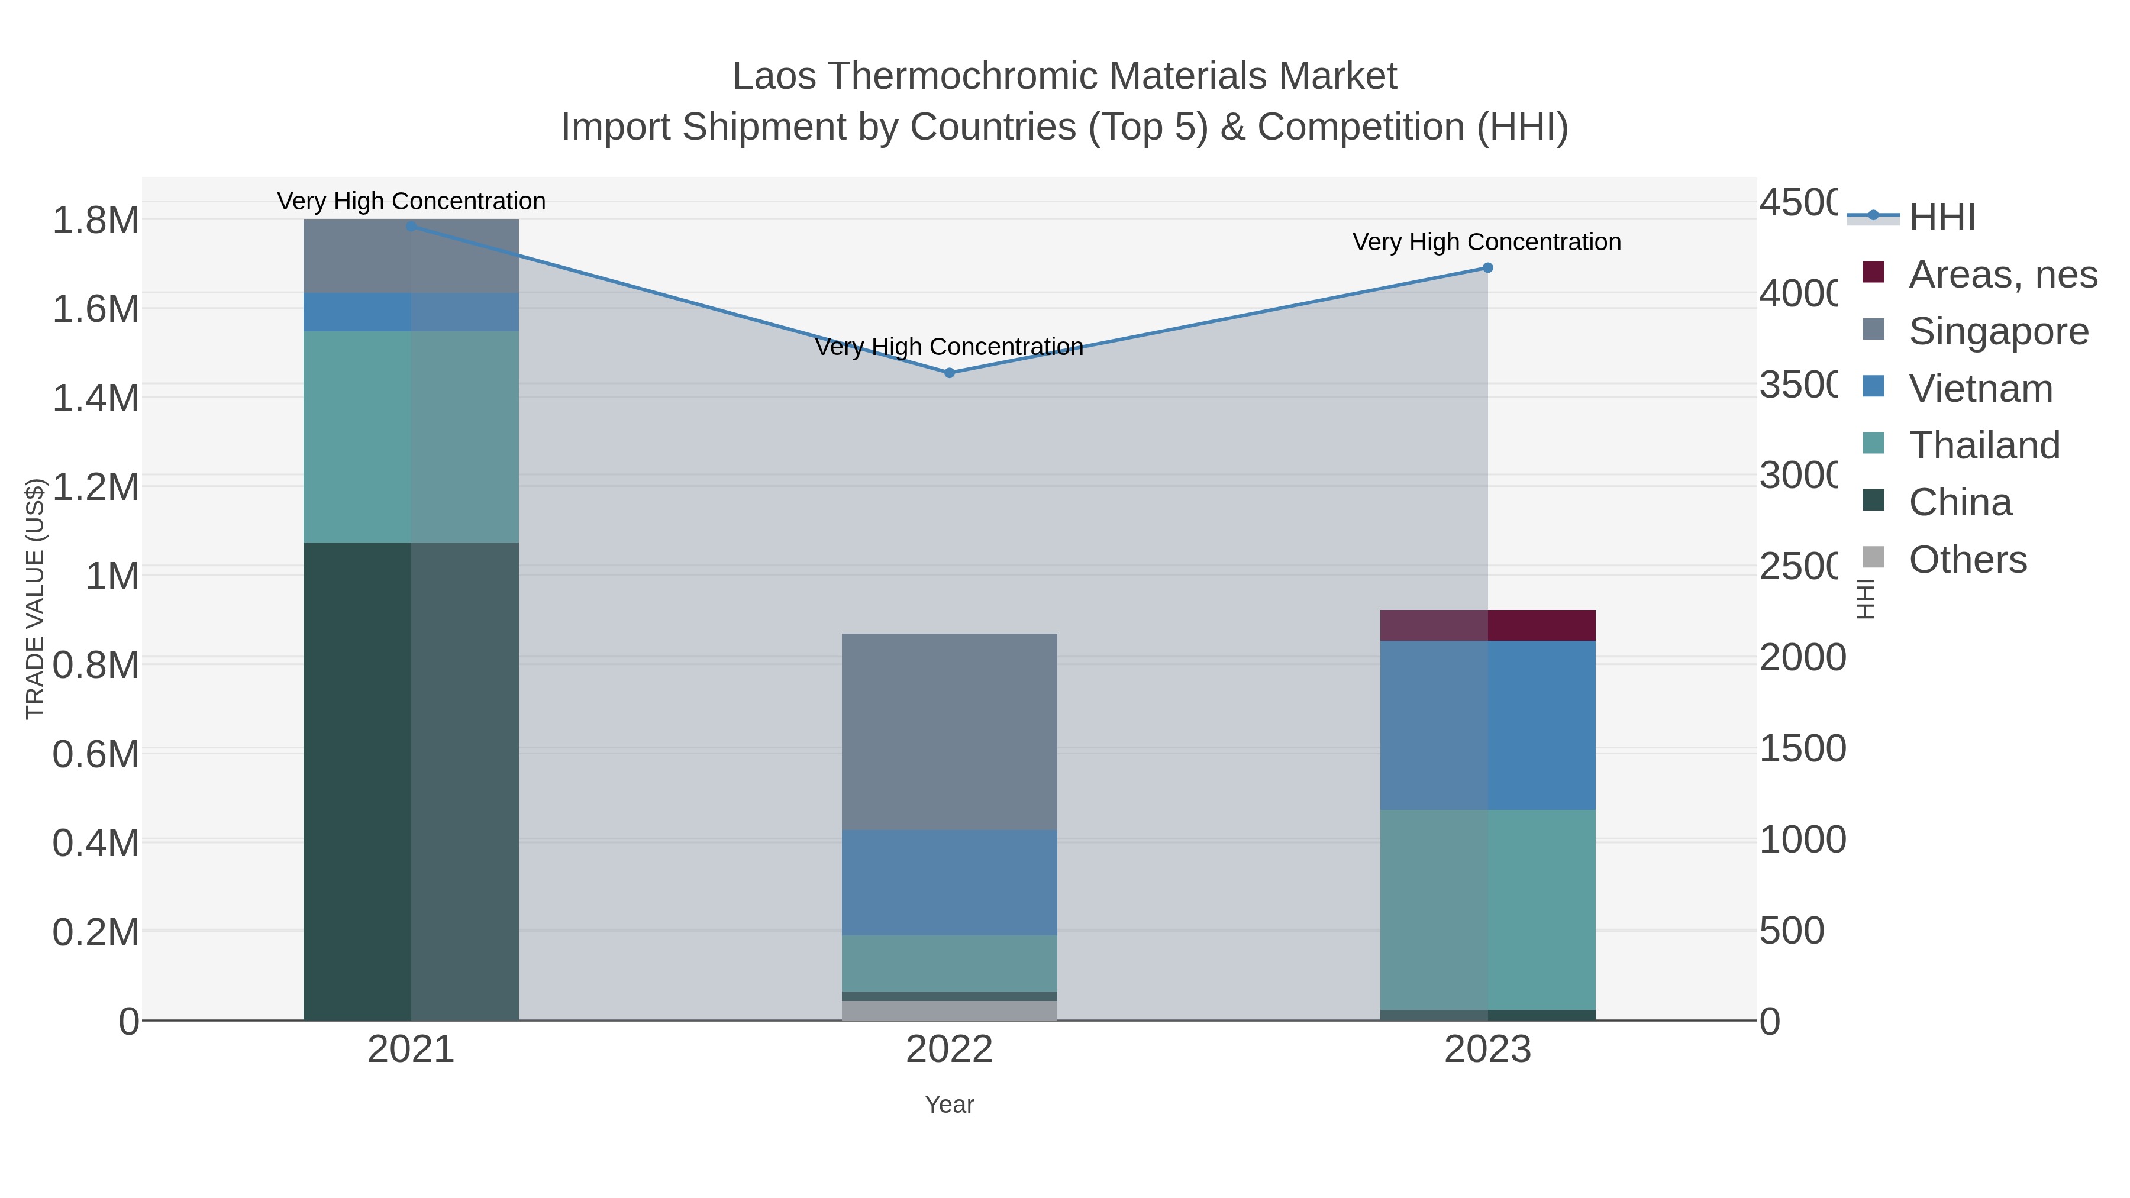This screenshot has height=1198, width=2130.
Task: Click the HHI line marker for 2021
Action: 411,226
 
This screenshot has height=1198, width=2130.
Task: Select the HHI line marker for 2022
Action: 949,373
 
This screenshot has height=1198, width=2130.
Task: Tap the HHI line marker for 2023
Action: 1487,268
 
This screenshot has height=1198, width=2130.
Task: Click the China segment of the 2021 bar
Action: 411,782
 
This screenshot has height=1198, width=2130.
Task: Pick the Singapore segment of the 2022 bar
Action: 949,732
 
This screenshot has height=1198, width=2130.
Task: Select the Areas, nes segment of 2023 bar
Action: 1487,625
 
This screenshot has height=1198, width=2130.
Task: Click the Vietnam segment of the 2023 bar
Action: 1487,725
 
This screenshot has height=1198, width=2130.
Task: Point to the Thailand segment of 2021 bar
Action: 411,437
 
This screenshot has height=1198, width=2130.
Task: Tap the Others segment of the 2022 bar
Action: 949,1010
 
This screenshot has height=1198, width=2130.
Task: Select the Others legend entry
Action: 1967,560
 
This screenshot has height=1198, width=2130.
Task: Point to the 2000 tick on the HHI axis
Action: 1803,658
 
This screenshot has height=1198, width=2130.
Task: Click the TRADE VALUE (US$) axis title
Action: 35,599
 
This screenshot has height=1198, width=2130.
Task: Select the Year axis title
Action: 949,1105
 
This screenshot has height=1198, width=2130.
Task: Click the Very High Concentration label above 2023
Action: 1487,242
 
